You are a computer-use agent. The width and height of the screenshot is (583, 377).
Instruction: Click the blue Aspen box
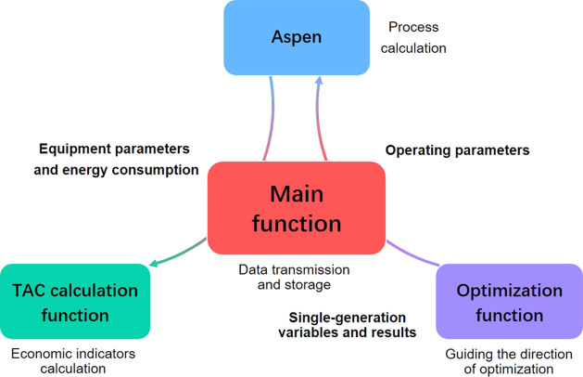point(297,37)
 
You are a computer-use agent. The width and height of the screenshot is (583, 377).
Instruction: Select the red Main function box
point(296,208)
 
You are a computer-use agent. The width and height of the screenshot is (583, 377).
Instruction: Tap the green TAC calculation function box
point(74,303)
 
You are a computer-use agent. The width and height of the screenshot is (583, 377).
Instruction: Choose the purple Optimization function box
point(509,303)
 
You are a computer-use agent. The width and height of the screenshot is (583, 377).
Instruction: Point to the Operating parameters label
point(457,149)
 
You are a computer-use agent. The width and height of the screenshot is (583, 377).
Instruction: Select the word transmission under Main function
point(311,269)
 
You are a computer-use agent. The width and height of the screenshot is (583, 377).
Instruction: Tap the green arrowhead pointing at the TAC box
point(154,266)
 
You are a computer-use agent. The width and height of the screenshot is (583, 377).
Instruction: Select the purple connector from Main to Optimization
point(412,254)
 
